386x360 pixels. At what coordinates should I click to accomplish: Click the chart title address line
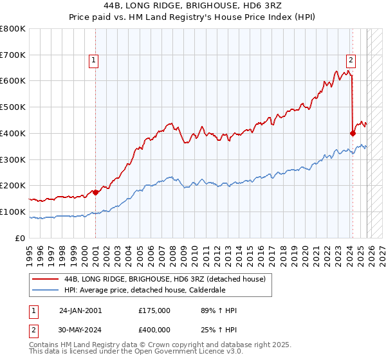(193, 6)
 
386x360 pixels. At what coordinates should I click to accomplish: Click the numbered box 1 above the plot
(93, 61)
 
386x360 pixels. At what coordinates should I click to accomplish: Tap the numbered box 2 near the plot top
(351, 61)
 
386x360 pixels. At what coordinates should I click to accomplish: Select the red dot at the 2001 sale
(95, 192)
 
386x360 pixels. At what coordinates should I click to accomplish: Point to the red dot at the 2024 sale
(353, 133)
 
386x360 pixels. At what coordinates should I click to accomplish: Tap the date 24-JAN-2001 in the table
(80, 310)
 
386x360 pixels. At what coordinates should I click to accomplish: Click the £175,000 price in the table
(154, 310)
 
